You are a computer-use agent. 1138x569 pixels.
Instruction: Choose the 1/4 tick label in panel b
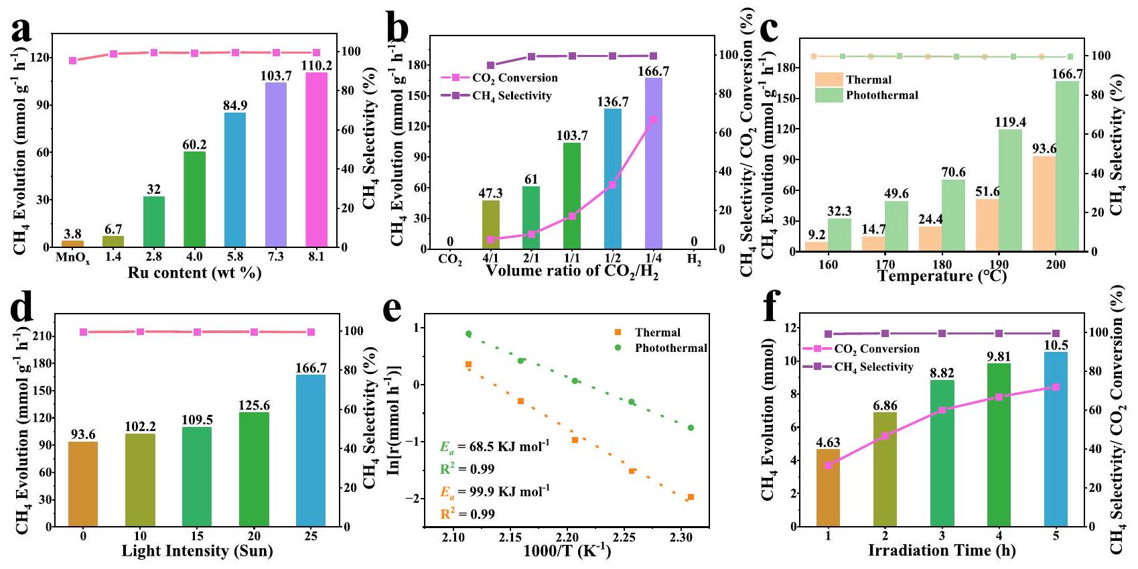tap(653, 258)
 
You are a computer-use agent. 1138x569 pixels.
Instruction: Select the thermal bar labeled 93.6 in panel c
tap(1044, 204)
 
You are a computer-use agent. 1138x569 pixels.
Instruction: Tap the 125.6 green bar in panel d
tap(254, 469)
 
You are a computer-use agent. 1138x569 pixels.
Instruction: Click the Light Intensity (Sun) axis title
tap(197, 552)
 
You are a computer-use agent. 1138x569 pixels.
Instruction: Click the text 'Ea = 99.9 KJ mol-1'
tap(494, 492)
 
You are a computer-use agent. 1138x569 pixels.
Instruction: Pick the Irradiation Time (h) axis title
tap(942, 551)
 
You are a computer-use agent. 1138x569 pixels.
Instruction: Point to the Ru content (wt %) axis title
tap(194, 273)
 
